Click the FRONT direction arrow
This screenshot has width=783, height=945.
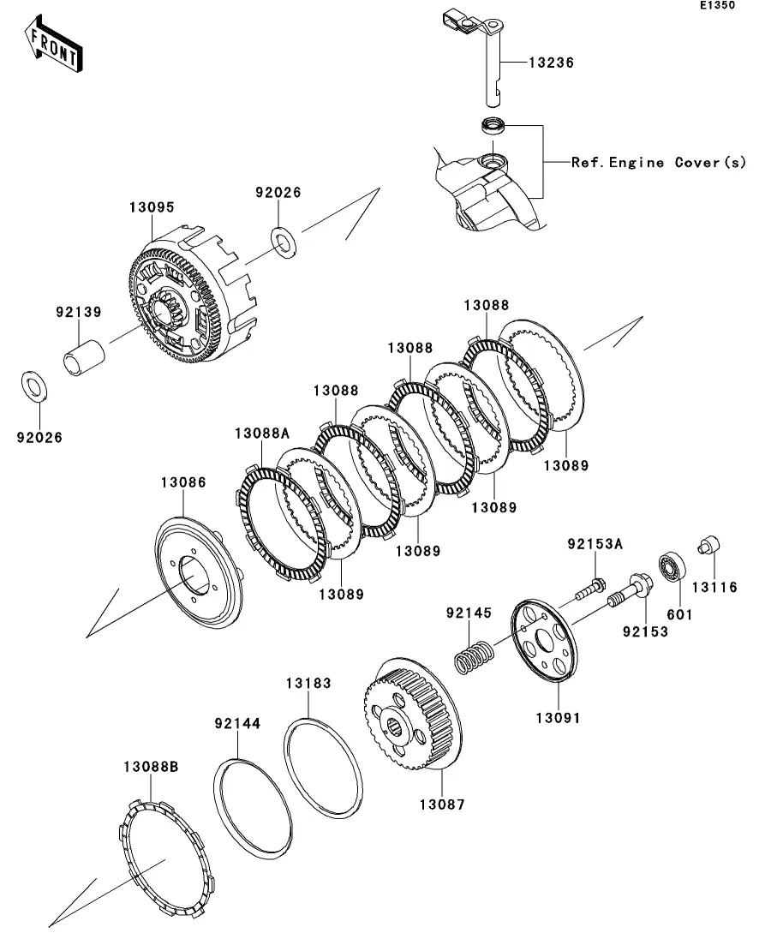point(54,48)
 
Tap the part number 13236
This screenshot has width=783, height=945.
point(551,63)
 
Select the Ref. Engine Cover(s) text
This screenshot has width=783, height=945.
point(659,162)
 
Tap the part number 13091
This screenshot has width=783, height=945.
point(558,717)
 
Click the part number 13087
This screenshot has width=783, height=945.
point(441,804)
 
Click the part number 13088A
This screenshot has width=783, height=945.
point(262,433)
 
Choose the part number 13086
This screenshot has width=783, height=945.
point(182,482)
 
